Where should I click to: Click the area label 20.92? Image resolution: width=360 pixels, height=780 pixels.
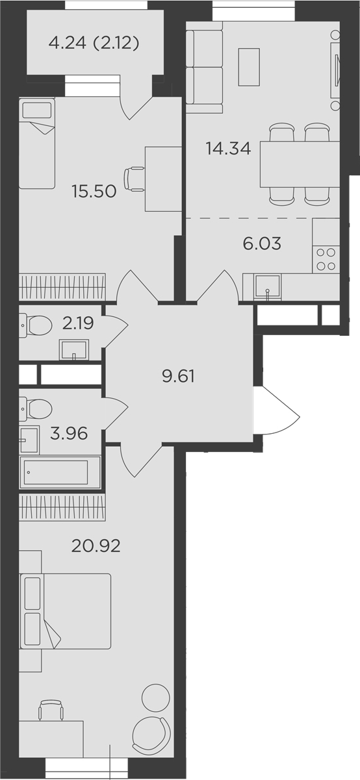(96, 544)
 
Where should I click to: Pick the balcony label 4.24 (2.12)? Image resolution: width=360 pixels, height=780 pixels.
(94, 44)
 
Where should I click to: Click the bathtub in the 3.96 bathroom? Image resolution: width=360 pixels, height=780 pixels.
(55, 472)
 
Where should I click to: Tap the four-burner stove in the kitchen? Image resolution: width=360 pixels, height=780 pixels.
(326, 259)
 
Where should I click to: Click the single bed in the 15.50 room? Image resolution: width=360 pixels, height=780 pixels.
(37, 144)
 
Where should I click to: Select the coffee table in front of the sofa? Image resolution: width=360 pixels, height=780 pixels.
(249, 67)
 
